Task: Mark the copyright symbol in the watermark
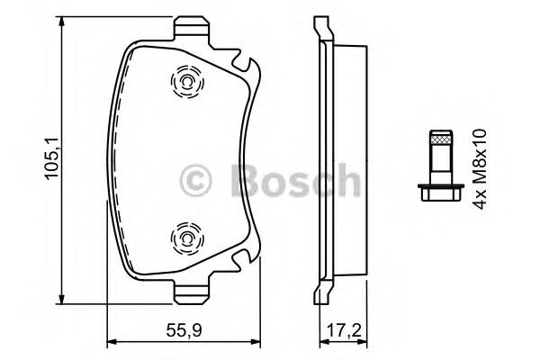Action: point(198,178)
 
